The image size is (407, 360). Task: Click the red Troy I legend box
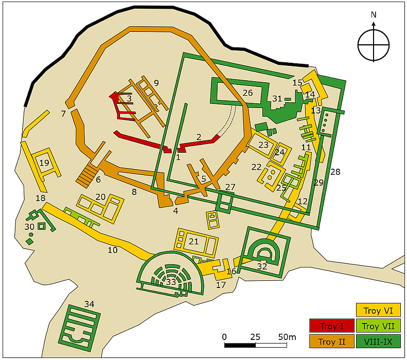point(331,326)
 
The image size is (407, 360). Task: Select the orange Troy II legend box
point(331,341)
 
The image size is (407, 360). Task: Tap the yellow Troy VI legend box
point(378,311)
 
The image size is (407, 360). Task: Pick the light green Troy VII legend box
point(378,326)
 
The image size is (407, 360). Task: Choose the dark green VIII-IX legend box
point(378,341)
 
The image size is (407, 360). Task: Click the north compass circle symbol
point(374,45)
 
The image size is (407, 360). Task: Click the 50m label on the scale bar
point(286,337)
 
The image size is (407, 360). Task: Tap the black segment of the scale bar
point(238,345)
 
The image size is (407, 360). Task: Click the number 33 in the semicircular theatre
point(170,282)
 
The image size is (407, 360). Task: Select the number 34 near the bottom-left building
point(89,304)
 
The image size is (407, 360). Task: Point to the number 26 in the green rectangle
point(247,93)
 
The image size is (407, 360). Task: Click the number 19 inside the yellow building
point(44,163)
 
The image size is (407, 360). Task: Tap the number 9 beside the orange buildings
point(156,82)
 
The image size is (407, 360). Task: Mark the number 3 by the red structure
point(130,98)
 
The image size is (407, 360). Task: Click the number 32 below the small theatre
point(262,266)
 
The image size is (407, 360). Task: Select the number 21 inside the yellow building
point(193,241)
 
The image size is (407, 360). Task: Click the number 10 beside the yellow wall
point(113,250)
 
